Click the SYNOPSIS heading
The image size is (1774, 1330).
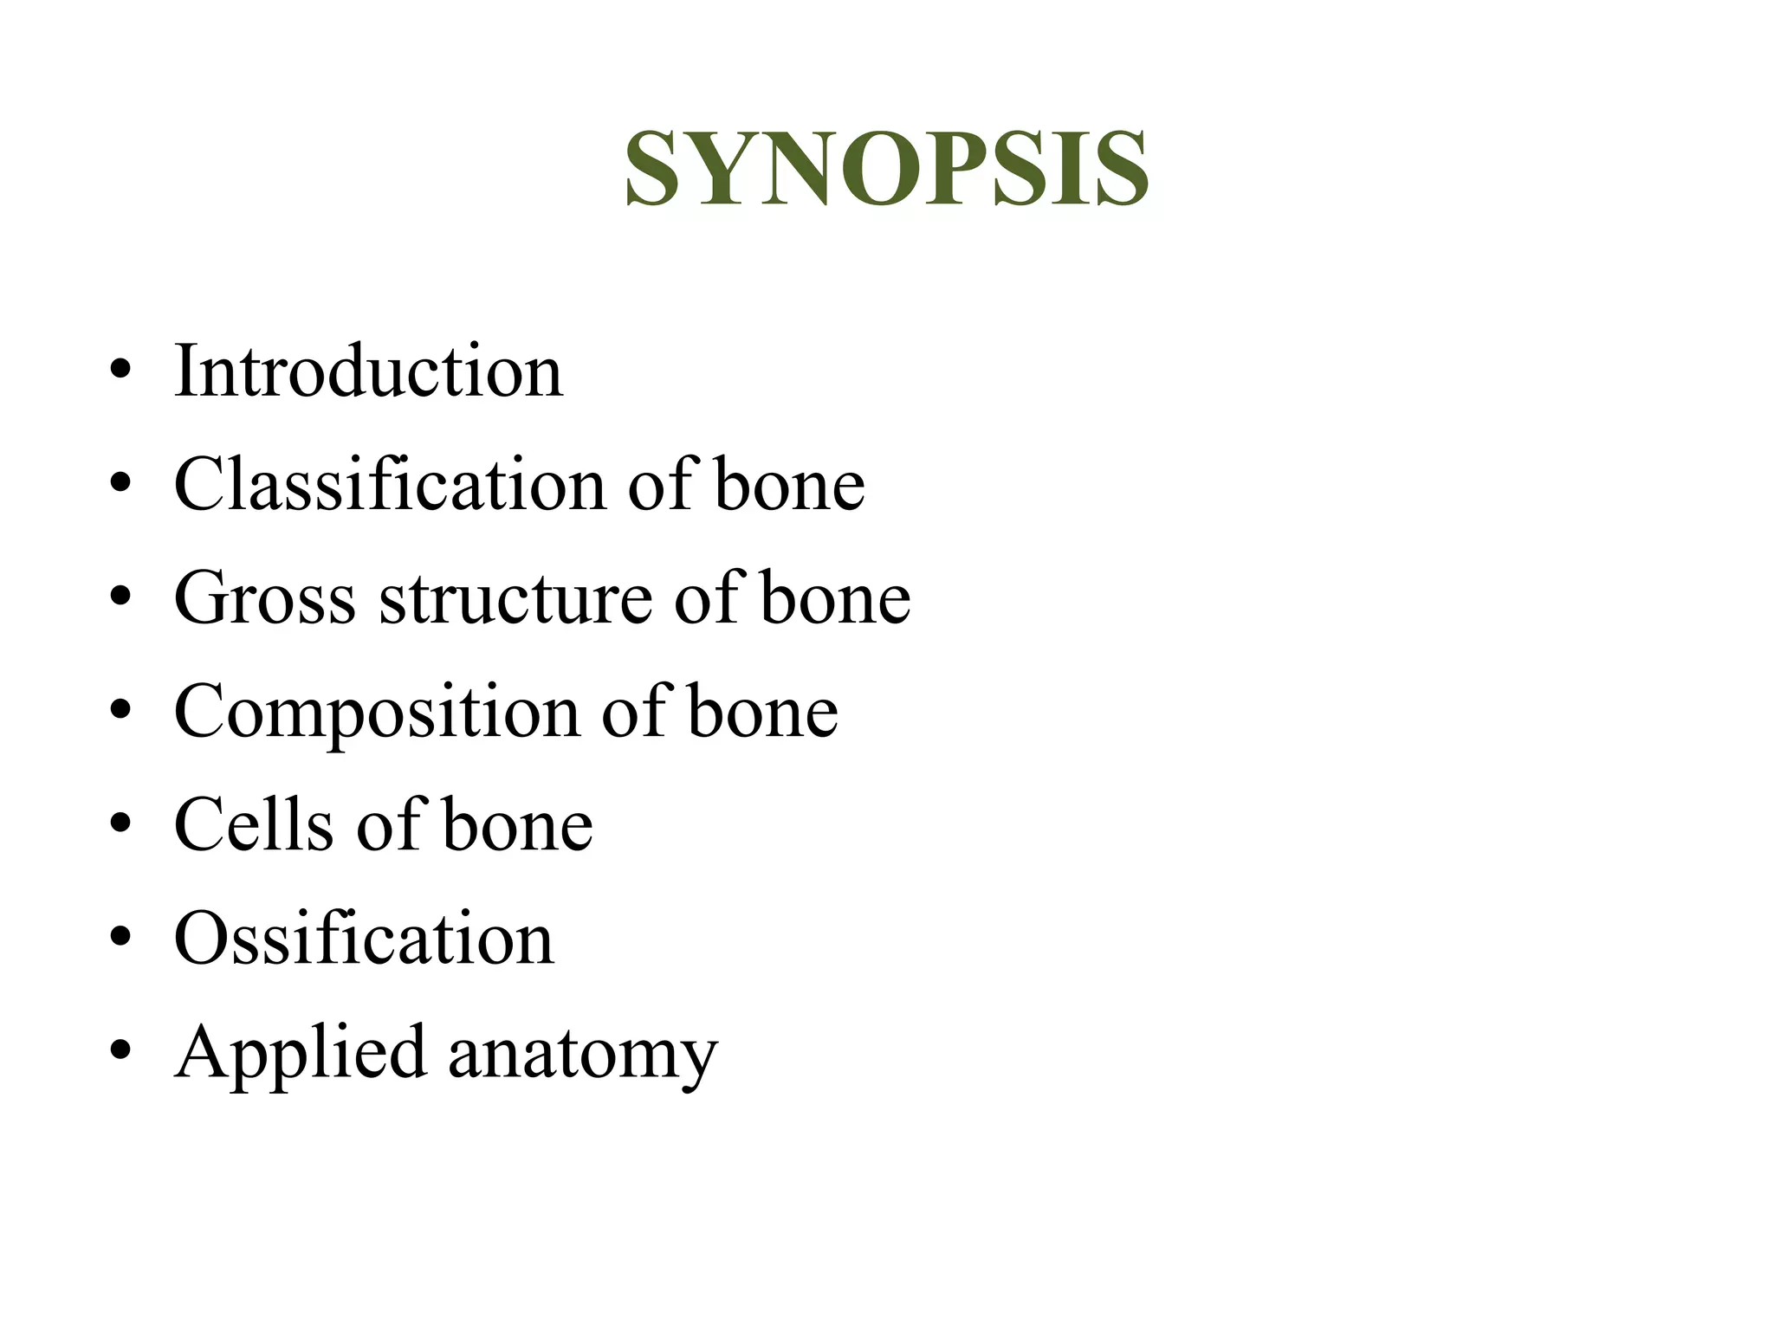887,168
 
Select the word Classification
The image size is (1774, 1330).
390,484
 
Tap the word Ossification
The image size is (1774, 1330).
364,939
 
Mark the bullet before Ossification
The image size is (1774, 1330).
120,938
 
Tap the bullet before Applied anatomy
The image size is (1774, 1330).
120,1051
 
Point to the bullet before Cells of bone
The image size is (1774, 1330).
120,824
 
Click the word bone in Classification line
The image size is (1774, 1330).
789,484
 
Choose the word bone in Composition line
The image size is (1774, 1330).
762,712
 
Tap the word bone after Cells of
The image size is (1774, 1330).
517,824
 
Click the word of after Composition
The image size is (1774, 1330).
632,712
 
